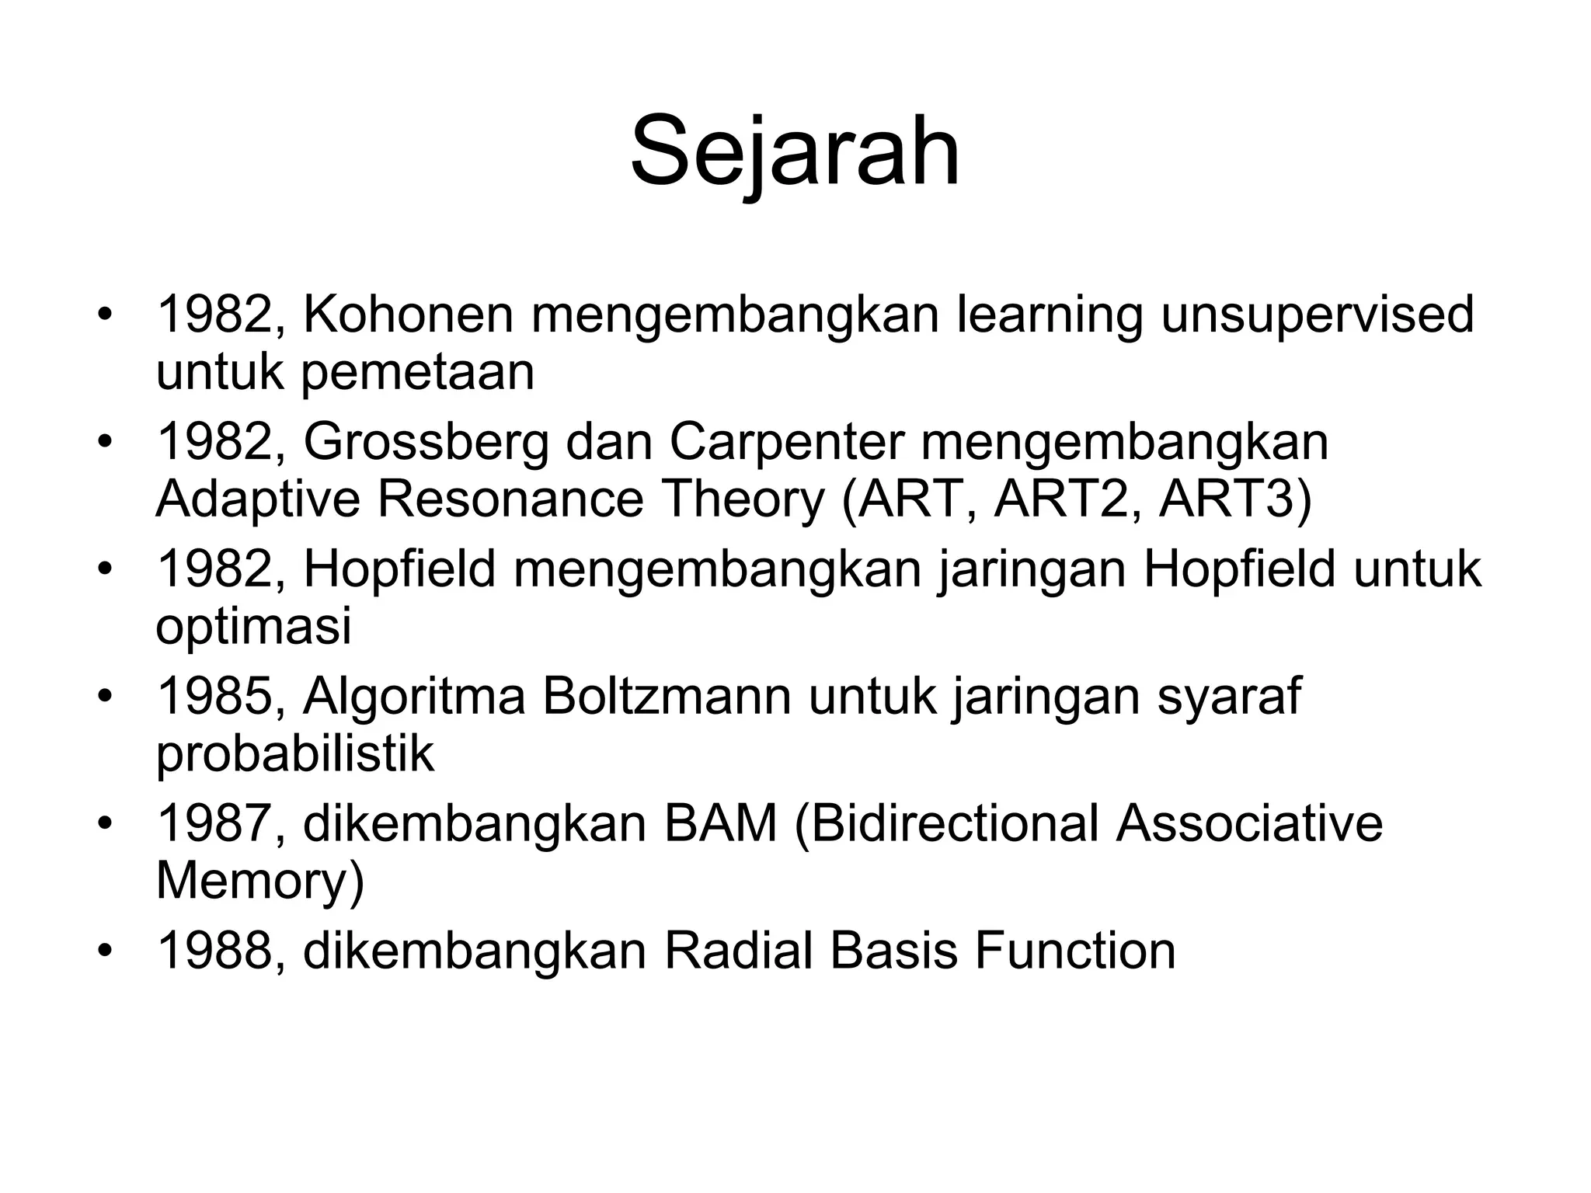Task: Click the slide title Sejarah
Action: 795,151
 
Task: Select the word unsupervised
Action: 1317,316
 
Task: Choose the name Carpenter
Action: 787,443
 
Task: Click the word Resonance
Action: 510,499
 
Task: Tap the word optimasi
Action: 253,628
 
